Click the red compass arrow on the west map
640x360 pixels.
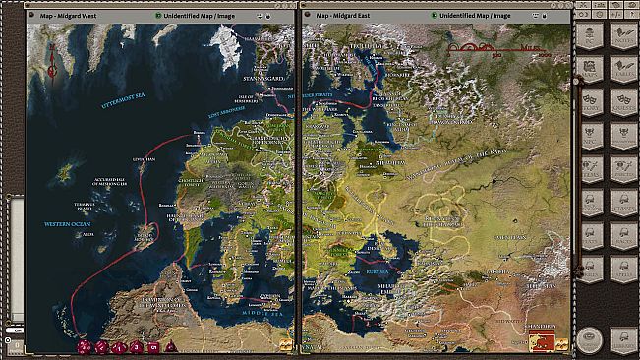click(49, 62)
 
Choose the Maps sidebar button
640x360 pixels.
click(591, 70)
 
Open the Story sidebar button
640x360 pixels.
click(591, 102)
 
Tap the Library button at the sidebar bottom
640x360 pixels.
click(591, 339)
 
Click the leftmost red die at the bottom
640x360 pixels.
click(85, 347)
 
